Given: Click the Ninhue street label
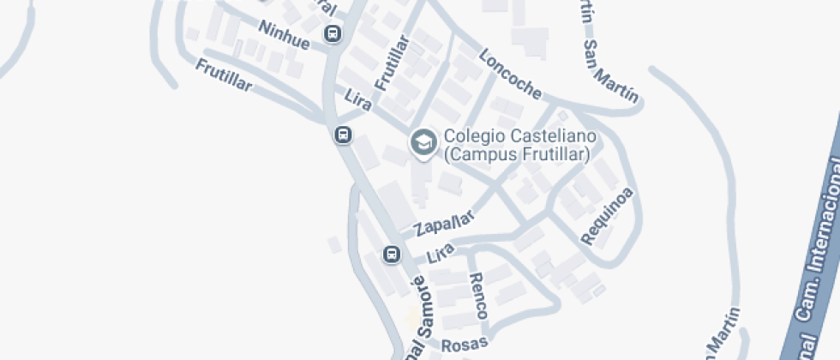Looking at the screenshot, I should coord(283,35).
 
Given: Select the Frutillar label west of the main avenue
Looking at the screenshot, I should coord(224,75).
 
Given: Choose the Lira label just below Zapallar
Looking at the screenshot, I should coord(440,252).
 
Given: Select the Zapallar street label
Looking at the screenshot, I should coord(443,224).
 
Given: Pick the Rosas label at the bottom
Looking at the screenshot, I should coord(465,344).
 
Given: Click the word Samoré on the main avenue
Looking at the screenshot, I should coord(426,304).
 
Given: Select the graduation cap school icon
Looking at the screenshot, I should coord(423,142).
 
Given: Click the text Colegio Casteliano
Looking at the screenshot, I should coord(519,137).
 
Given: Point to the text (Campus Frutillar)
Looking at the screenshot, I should coord(517,154).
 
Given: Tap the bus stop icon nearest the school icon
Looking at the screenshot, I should coord(343,135).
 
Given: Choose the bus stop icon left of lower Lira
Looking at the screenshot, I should coord(391,254).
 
